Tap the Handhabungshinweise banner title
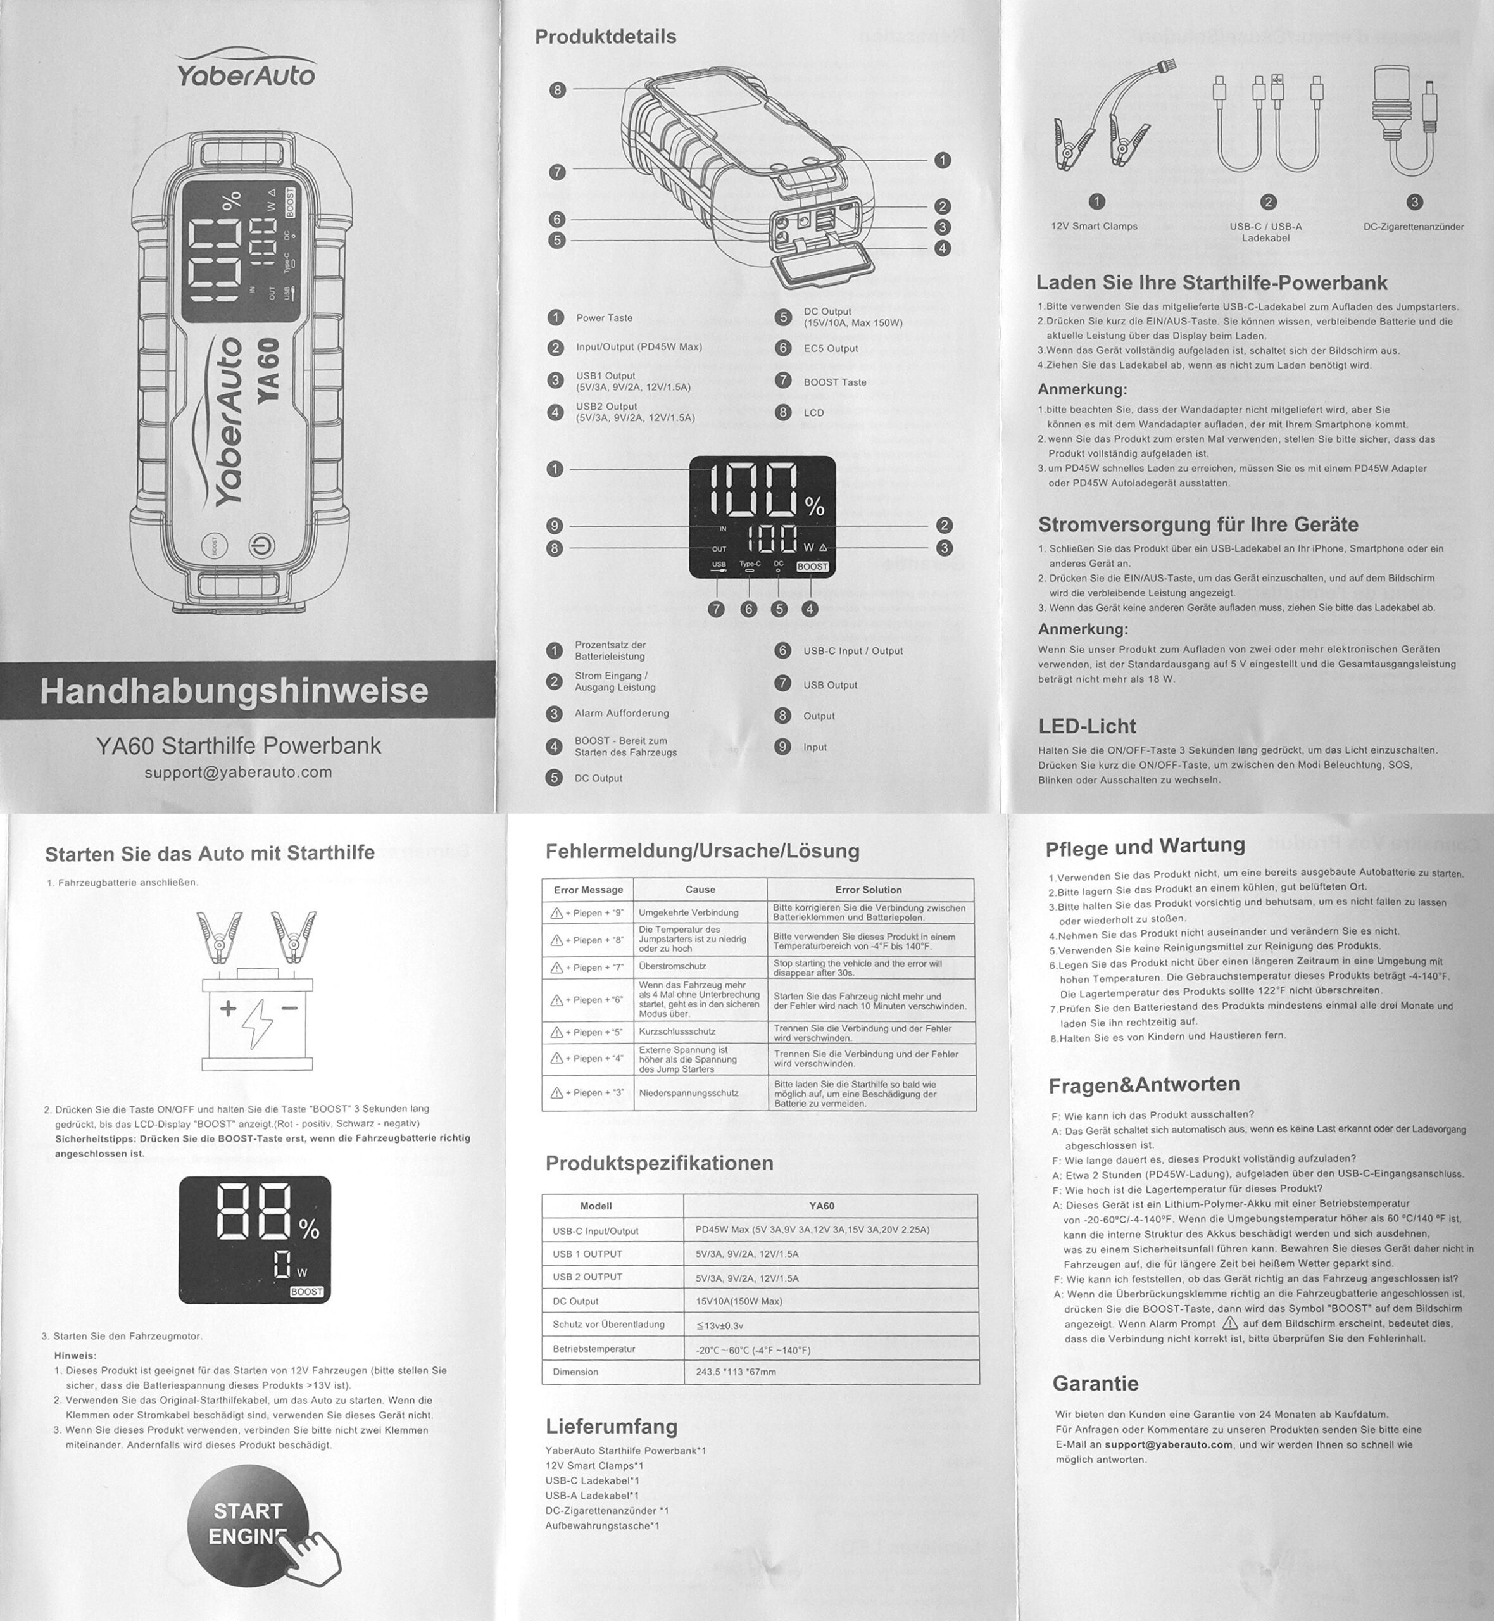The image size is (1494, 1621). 234,691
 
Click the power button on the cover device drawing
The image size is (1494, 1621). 261,546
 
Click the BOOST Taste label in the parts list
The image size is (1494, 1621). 834,382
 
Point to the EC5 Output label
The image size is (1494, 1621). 831,348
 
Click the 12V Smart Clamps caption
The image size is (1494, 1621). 1094,227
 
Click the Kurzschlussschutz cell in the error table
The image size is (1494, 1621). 677,1032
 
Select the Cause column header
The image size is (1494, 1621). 700,889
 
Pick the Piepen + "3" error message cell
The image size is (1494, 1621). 587,1093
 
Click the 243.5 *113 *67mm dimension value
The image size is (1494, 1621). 736,1372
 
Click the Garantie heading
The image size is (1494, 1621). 1095,1384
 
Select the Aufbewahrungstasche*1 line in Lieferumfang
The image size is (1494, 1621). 602,1525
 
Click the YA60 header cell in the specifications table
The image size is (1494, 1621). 821,1206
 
